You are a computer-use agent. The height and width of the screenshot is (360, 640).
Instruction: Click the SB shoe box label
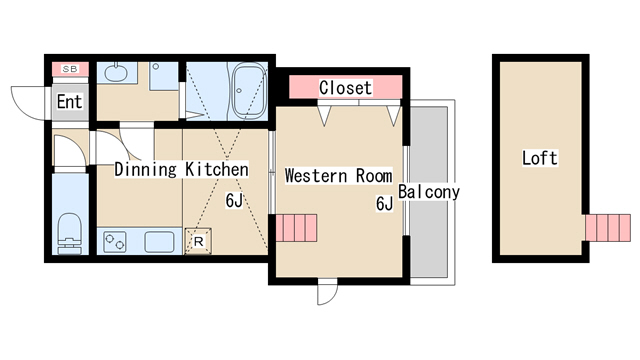(x=70, y=69)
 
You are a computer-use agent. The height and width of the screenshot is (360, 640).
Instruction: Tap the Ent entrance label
(x=69, y=102)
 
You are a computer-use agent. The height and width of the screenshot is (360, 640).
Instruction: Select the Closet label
(x=345, y=88)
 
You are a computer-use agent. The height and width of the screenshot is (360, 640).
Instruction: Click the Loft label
(x=540, y=158)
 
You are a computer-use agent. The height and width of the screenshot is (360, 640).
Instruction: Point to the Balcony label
(x=429, y=191)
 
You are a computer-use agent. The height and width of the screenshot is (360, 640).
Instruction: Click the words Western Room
(x=338, y=176)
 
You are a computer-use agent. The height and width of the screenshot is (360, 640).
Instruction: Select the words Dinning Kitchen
(x=181, y=169)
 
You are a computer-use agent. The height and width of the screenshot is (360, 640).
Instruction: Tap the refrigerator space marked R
(x=198, y=241)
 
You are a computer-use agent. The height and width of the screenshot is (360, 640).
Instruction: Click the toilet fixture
(x=70, y=233)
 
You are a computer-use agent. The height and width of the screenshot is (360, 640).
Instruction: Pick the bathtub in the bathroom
(x=248, y=91)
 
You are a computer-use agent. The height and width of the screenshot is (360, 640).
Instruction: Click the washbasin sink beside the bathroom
(x=116, y=72)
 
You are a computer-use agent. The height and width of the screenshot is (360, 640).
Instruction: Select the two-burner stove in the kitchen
(x=114, y=241)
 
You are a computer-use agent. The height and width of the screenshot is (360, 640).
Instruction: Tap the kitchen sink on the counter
(x=159, y=241)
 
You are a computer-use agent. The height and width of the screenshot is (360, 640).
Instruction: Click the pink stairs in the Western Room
(x=296, y=228)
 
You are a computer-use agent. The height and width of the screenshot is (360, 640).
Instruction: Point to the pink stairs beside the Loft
(x=608, y=228)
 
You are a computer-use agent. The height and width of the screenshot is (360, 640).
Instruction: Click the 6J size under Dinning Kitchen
(x=234, y=200)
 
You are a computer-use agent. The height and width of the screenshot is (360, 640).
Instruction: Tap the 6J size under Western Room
(x=384, y=203)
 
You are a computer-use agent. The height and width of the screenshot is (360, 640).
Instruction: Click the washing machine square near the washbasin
(x=164, y=76)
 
